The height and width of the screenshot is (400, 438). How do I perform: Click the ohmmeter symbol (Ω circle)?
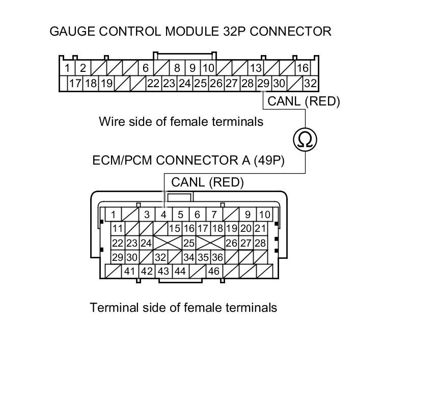(305, 139)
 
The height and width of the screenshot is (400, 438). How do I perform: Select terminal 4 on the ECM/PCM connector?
(163, 215)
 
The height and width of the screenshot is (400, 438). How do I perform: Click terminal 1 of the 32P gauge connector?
(67, 68)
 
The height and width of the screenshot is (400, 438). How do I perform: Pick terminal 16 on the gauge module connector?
(303, 68)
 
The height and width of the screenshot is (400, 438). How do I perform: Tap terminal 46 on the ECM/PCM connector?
(213, 271)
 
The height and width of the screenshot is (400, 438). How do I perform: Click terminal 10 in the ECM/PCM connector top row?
(265, 215)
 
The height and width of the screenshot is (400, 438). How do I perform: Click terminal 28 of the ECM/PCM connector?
(260, 243)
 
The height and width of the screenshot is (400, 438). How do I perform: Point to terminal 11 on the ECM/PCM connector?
(118, 228)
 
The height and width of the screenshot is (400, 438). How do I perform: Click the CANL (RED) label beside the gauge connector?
(304, 101)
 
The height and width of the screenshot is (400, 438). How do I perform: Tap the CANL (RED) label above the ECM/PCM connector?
(208, 182)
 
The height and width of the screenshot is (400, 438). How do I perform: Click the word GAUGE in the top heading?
(70, 31)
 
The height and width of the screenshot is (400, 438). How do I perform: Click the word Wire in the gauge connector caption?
(111, 122)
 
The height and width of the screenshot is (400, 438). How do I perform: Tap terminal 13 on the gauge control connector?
(256, 68)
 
